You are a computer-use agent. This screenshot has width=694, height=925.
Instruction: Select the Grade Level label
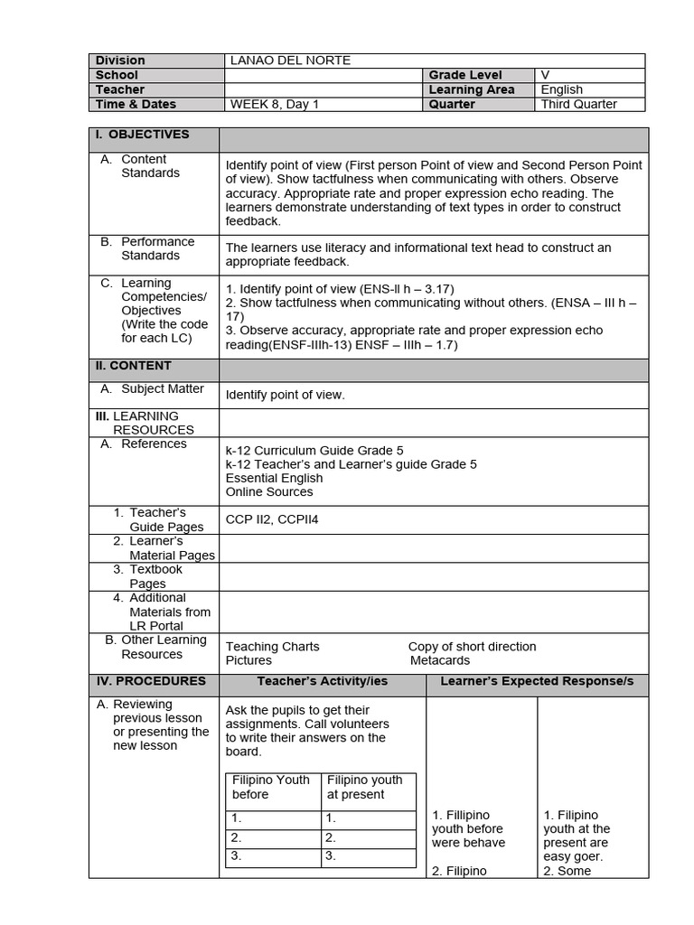pyautogui.click(x=465, y=75)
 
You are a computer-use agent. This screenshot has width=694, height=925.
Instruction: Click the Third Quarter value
pyautogui.click(x=578, y=104)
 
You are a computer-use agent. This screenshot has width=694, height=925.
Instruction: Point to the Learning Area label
pyautogui.click(x=472, y=89)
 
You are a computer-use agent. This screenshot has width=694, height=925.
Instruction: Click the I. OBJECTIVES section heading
pyautogui.click(x=143, y=135)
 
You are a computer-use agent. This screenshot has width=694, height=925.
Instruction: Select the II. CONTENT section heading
pyautogui.click(x=134, y=366)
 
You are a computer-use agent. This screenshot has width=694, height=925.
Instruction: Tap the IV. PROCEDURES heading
pyautogui.click(x=151, y=681)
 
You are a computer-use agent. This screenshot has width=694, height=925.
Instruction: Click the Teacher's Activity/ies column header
pyautogui.click(x=322, y=681)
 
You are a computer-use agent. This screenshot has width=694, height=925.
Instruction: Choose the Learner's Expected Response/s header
pyautogui.click(x=537, y=681)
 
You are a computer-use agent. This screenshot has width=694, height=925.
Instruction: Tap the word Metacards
pyautogui.click(x=440, y=660)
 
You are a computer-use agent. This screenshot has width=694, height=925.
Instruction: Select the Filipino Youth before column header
pyautogui.click(x=270, y=787)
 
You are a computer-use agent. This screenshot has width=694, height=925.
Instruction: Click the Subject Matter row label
pyautogui.click(x=162, y=389)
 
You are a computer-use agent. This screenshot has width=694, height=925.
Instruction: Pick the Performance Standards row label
pyautogui.click(x=157, y=248)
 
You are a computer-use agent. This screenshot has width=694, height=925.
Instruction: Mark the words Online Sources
pyautogui.click(x=269, y=491)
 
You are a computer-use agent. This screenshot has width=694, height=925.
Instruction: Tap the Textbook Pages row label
pyautogui.click(x=155, y=576)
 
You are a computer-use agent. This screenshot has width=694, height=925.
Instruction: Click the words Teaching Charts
pyautogui.click(x=272, y=647)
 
